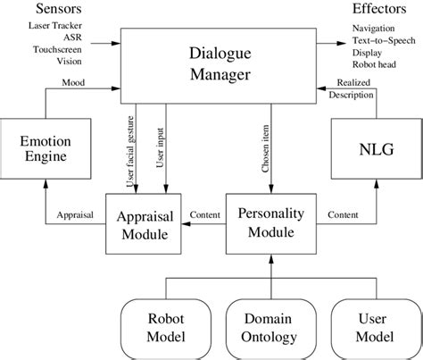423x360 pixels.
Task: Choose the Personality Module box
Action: tap(270, 224)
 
